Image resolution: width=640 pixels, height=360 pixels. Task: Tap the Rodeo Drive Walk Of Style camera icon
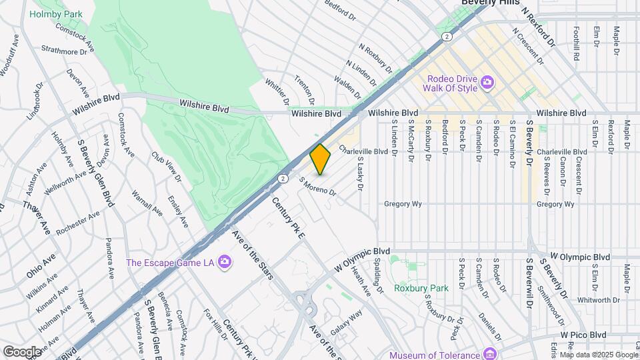pos(488,82)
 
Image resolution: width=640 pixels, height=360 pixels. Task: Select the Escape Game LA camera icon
pos(224,262)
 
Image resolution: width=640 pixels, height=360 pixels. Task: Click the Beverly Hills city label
pos(491,3)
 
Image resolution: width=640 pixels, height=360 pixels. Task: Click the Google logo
pos(22,351)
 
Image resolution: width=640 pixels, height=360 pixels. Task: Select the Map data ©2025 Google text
pos(599,354)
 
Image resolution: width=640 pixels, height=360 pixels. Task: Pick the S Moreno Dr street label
pos(318,187)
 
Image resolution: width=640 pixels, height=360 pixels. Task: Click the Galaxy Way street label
pos(347,321)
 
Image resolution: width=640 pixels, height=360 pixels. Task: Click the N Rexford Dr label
pos(539,27)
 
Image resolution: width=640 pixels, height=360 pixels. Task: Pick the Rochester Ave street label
pos(78,223)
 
